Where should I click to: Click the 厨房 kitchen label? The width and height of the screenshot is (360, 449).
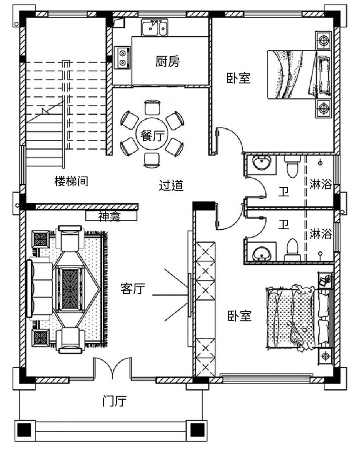point(167,61)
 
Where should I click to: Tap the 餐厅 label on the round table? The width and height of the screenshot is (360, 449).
point(152,135)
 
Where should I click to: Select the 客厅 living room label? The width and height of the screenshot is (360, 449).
point(133,288)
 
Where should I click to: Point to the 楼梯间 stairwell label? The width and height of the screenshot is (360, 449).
point(71,181)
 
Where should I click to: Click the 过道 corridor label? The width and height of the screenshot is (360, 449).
point(171,185)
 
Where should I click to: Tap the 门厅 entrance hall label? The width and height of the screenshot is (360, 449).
point(115,401)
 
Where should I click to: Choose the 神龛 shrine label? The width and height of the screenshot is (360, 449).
point(110,216)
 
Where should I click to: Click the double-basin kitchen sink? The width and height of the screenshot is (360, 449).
point(155,28)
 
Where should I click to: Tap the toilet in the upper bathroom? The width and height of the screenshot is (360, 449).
point(292,167)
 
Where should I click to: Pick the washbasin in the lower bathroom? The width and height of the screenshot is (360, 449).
point(261,253)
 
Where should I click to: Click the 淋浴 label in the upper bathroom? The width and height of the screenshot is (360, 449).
point(321,184)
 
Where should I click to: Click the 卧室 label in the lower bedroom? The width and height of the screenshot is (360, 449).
point(240,316)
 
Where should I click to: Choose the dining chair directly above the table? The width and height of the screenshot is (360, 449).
point(152,107)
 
